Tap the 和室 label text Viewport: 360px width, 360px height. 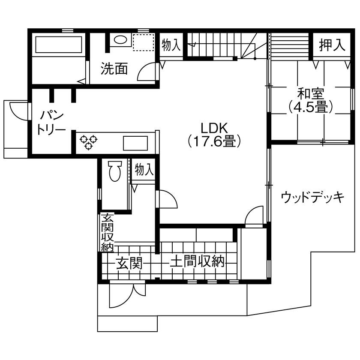point(311,93)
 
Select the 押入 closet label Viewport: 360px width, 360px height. point(332,45)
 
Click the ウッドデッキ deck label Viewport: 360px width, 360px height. point(313,198)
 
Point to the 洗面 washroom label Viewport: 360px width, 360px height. point(114,69)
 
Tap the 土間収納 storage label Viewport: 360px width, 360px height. point(197,261)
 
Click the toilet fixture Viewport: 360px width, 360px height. point(114,171)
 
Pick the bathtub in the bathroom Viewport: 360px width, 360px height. point(58,45)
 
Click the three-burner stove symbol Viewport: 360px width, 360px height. point(89,142)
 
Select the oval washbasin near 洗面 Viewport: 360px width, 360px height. point(120,40)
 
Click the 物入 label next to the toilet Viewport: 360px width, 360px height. point(144,170)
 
